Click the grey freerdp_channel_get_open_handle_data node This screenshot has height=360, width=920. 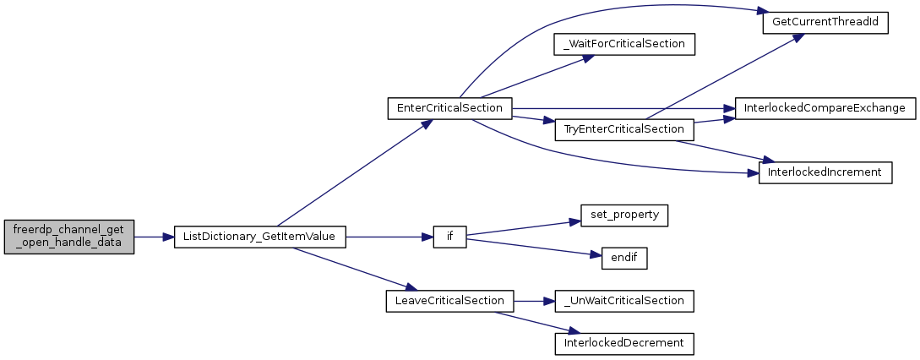[69, 237]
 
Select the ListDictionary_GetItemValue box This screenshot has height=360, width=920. [260, 237]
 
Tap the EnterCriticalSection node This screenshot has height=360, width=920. [449, 108]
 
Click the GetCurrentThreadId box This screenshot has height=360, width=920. [825, 22]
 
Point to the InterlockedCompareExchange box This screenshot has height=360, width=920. [825, 108]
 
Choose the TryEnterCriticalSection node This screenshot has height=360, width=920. [624, 129]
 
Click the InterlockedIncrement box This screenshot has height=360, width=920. [825, 172]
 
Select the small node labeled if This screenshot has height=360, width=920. [450, 237]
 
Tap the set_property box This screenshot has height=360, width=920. [624, 215]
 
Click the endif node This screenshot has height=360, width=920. [624, 259]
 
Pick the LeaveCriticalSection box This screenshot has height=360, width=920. [449, 301]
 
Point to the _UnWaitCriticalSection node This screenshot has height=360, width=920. [624, 301]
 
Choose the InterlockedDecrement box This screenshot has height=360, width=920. [624, 344]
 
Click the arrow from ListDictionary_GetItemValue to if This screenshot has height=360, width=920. [389, 237]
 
